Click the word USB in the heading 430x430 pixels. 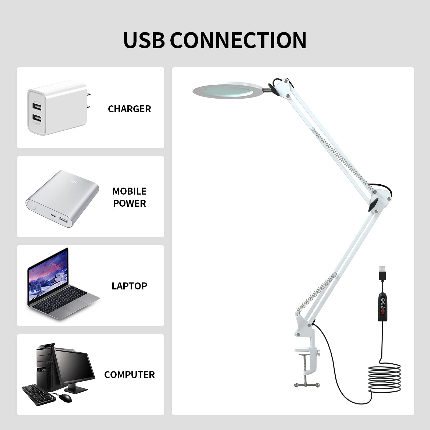tap(144, 40)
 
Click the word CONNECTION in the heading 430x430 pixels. tap(238, 40)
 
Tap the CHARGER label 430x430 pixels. tap(129, 109)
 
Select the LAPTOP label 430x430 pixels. tap(129, 286)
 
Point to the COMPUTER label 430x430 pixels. tap(129, 375)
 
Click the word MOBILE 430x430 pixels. tap(129, 191)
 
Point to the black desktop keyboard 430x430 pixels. tap(39, 395)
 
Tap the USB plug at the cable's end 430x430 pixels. tap(382, 273)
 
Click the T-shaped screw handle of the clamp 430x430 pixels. tap(307, 385)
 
